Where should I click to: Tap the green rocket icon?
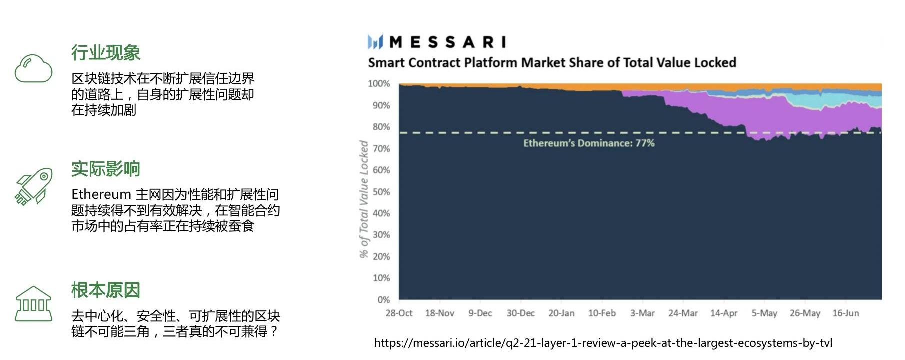click(x=34, y=186)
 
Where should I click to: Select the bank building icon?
click(x=33, y=303)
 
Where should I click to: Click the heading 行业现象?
click(x=105, y=53)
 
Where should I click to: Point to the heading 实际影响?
click(x=105, y=169)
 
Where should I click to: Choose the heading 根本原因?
click(x=105, y=290)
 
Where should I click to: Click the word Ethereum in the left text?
click(x=101, y=194)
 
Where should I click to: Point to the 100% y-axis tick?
click(x=379, y=84)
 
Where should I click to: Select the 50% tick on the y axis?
click(x=381, y=192)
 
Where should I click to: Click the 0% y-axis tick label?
click(x=383, y=300)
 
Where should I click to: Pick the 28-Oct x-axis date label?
click(x=399, y=313)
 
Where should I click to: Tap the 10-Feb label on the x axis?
click(x=602, y=313)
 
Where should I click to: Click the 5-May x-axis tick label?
click(x=764, y=313)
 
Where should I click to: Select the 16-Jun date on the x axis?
click(x=845, y=313)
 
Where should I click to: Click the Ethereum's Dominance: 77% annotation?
click(x=589, y=143)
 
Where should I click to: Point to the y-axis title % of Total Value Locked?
click(x=364, y=199)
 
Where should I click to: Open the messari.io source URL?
click(x=603, y=343)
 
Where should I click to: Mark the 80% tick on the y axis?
click(x=381, y=127)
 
